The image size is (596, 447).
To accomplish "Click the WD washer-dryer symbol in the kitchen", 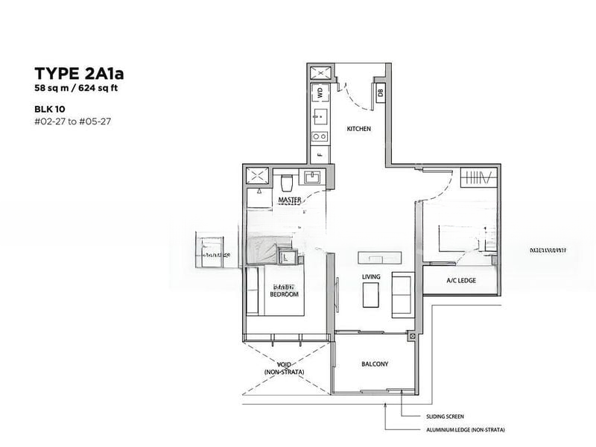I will click(320, 92).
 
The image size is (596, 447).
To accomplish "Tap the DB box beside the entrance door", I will click(380, 93).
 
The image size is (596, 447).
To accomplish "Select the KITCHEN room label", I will click(358, 129).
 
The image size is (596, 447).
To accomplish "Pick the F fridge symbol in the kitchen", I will click(320, 155).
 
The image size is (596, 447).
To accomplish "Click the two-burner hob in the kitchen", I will click(320, 136).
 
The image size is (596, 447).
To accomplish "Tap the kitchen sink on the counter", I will click(320, 115).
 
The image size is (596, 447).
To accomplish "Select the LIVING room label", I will click(371, 277).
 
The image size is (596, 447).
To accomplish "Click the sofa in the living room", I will click(402, 294).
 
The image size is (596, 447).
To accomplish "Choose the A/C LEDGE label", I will click(460, 280).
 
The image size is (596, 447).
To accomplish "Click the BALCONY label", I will click(375, 364).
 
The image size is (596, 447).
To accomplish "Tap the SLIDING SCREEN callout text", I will click(445, 419).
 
